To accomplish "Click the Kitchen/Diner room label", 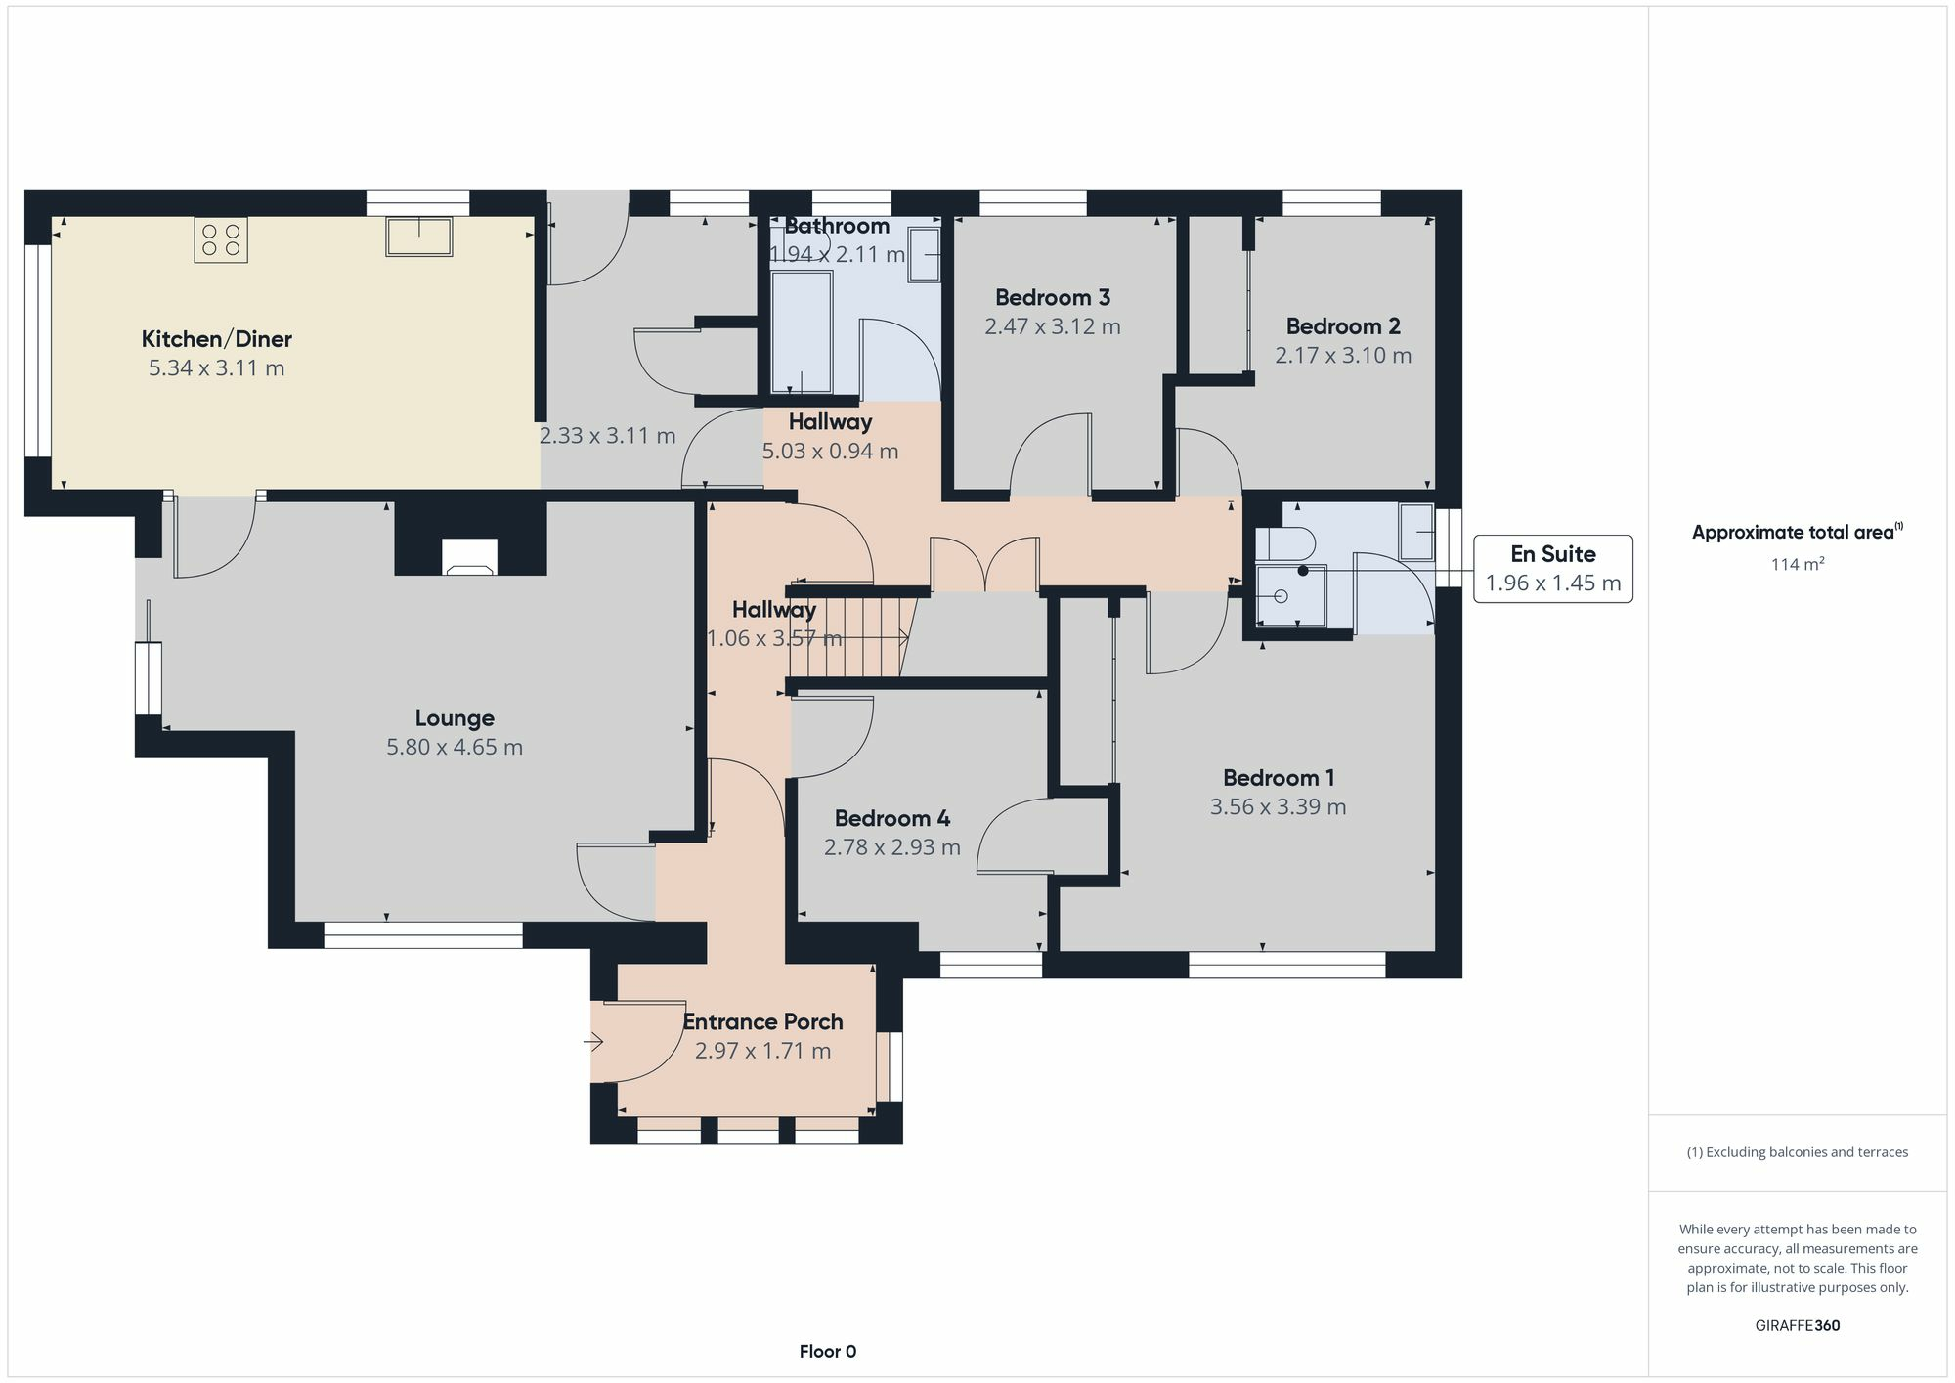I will [216, 339].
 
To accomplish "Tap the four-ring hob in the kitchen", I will [220, 240].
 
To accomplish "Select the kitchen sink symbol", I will [418, 236].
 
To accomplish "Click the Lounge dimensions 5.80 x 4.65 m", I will [455, 748].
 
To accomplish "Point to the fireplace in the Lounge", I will [469, 556].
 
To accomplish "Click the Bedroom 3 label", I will [1052, 297].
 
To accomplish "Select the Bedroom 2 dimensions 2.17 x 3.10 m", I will [1342, 356].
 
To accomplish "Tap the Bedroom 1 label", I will [1278, 778].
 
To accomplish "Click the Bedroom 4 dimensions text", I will [891, 847].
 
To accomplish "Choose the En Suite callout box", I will [1552, 568].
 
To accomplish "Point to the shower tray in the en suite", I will [1290, 595].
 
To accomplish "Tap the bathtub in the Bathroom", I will [802, 332].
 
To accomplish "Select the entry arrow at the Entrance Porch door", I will [593, 1043].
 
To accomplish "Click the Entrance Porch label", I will [762, 1022].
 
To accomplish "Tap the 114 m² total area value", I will [1797, 564].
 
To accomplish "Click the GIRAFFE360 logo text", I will [1797, 1326].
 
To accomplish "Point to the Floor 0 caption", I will [827, 1352].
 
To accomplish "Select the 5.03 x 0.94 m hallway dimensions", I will [830, 452].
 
